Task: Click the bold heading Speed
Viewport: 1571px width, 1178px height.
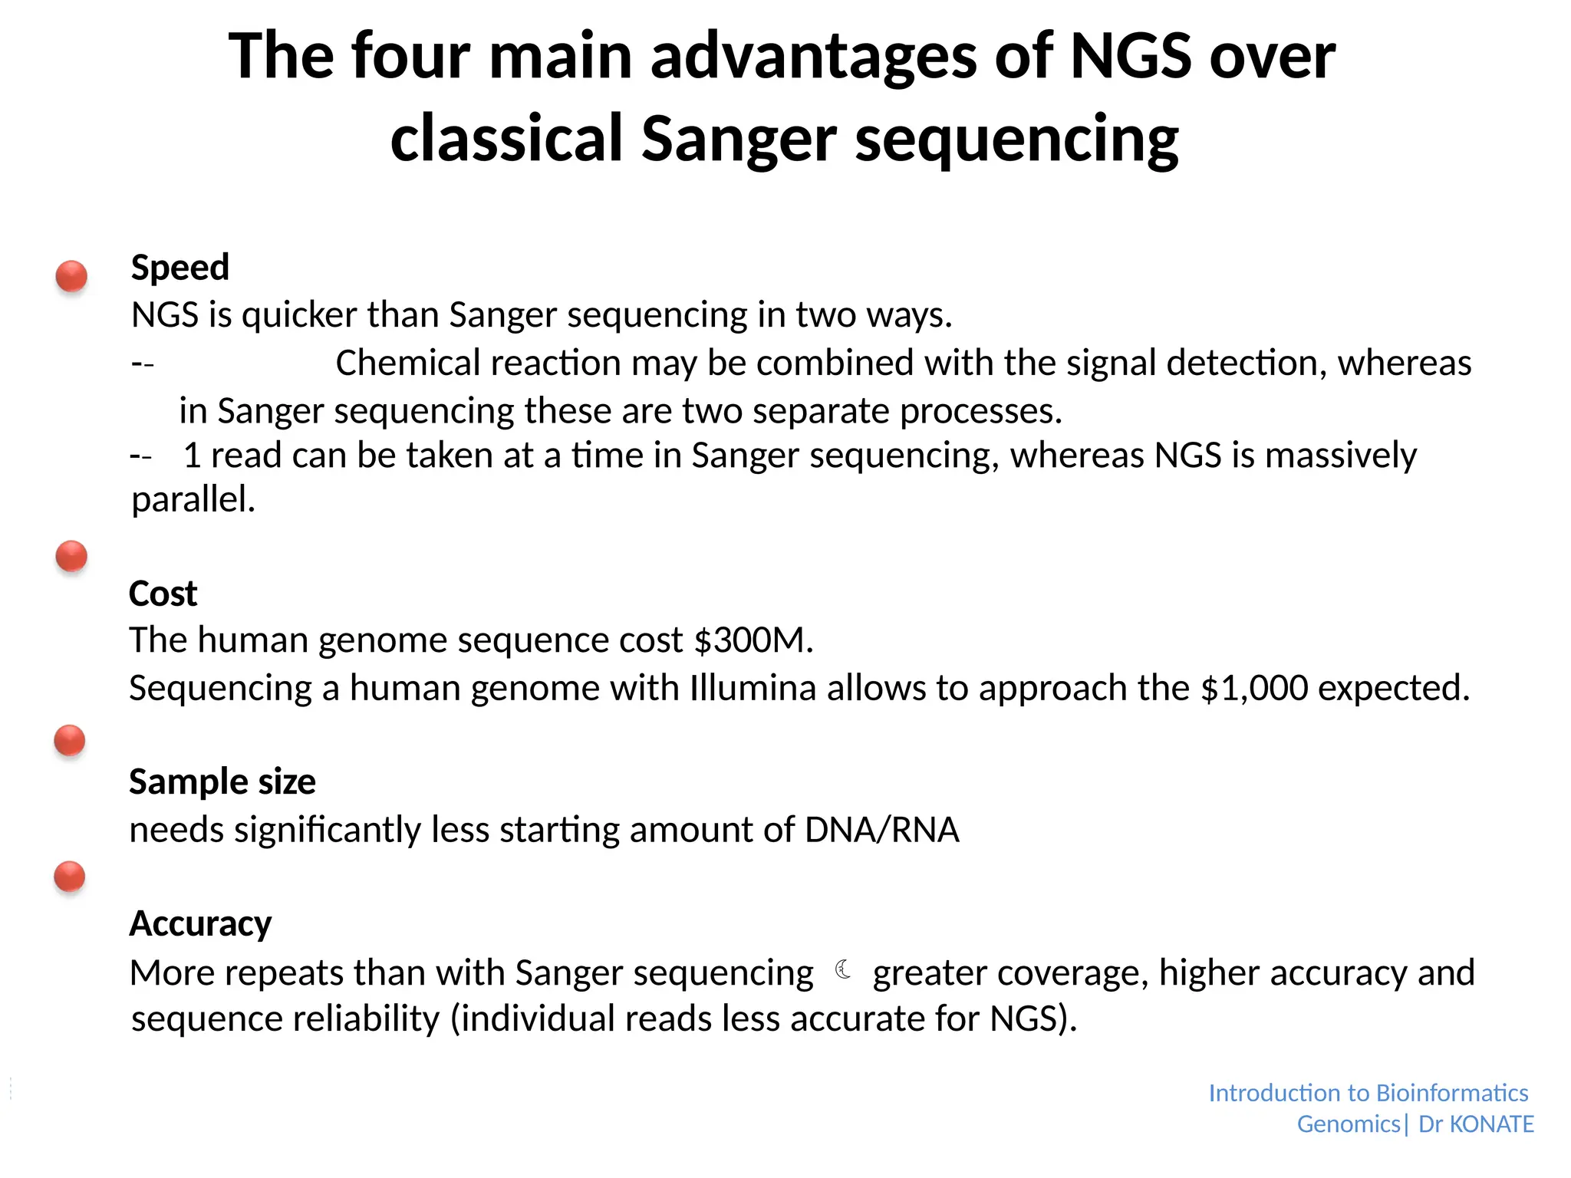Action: [x=180, y=268]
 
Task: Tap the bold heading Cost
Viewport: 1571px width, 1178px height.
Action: [x=163, y=594]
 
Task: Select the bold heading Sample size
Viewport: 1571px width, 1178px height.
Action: [x=222, y=781]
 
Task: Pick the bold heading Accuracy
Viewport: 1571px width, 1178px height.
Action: [x=200, y=923]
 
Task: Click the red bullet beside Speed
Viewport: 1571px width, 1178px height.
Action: [x=71, y=276]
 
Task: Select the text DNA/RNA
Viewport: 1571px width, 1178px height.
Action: [x=881, y=830]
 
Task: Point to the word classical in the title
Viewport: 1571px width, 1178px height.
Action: [x=506, y=138]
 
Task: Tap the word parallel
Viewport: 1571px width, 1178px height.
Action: [x=193, y=500]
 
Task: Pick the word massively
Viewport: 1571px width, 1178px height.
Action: [x=1340, y=456]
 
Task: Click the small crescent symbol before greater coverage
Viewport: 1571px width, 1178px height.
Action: [x=843, y=970]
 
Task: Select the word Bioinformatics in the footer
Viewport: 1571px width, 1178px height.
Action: [x=1452, y=1093]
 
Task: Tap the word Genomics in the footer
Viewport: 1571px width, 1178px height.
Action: [x=1349, y=1124]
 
